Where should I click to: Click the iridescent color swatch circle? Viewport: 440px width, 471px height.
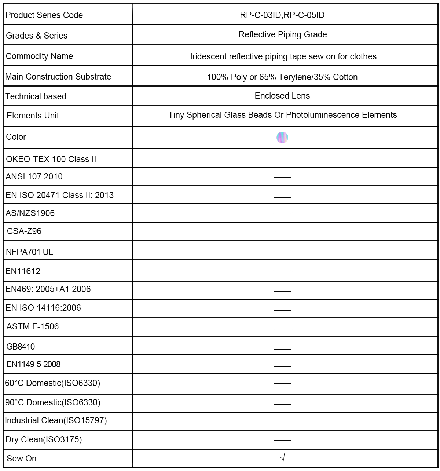click(282, 138)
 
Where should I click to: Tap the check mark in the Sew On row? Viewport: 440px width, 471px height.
click(282, 458)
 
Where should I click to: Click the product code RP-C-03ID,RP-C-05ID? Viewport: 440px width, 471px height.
click(282, 15)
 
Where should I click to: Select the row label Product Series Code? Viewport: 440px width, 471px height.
click(44, 15)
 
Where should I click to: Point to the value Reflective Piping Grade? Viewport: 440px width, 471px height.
click(283, 34)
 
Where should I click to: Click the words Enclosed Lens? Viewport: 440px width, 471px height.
click(282, 96)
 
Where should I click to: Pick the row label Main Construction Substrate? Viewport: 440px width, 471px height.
click(58, 77)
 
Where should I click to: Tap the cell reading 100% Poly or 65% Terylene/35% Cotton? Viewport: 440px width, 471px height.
click(282, 77)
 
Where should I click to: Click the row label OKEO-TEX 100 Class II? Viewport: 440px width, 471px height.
click(51, 159)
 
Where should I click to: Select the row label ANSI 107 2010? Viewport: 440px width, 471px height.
click(34, 176)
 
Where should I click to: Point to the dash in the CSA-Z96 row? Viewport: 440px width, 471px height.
click(282, 231)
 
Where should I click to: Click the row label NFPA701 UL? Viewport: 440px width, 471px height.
click(29, 252)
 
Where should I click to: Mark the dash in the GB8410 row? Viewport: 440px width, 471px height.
click(282, 348)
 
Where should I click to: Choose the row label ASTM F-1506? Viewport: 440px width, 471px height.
click(33, 326)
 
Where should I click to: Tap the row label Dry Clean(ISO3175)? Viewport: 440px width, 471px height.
click(44, 439)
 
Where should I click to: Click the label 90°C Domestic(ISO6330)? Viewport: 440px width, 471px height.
click(53, 402)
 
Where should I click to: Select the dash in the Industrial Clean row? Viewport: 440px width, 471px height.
click(282, 421)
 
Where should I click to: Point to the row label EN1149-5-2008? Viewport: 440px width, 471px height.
click(33, 364)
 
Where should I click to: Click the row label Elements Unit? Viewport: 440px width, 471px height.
click(33, 116)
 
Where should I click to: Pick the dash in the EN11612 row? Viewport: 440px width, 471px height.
click(282, 271)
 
